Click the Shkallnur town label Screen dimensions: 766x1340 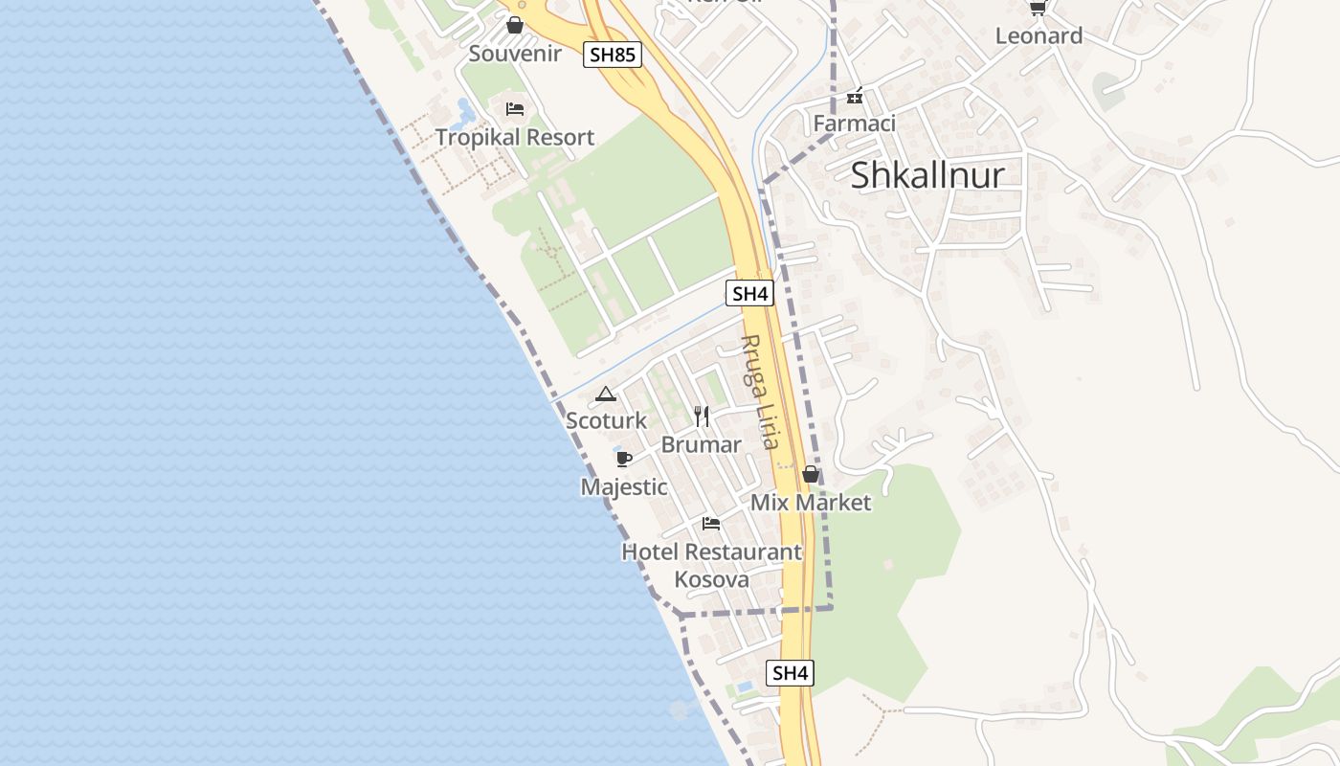pos(927,175)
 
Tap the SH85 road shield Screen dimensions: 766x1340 pos(613,56)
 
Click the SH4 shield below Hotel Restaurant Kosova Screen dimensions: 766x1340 pos(790,673)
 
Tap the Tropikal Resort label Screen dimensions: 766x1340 pos(515,138)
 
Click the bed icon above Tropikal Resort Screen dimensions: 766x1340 pos(515,108)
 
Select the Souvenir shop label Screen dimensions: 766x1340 pos(515,54)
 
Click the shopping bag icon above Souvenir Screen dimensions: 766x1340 pos(515,25)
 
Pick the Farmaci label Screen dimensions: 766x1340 pos(854,124)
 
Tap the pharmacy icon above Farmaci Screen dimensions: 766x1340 pos(855,96)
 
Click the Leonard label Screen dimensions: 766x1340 pos(1038,36)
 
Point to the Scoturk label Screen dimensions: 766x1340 pos(606,421)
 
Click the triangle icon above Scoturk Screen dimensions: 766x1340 pos(606,394)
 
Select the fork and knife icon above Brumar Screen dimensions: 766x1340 pos(702,416)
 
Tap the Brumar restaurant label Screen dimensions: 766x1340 pos(702,445)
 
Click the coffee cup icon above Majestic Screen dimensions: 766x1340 pos(624,459)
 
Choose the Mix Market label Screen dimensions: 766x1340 pos(811,503)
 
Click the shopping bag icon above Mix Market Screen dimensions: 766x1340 pos(811,475)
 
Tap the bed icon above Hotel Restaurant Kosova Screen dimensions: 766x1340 pos(711,523)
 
